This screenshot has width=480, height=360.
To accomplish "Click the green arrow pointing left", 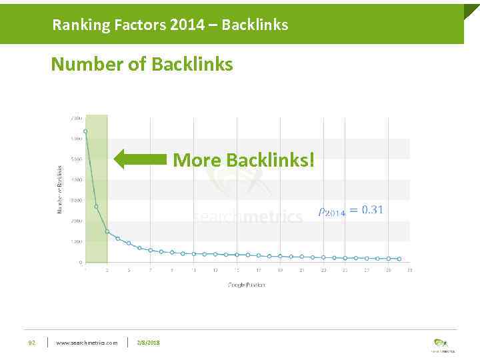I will pyautogui.click(x=141, y=159).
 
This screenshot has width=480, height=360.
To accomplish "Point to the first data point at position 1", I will pyautogui.click(x=85, y=131).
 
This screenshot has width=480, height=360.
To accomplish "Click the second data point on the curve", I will pyautogui.click(x=96, y=207).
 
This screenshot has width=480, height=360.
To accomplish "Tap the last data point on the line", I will pyautogui.click(x=399, y=259).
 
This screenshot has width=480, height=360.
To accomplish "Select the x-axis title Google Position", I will pyautogui.click(x=247, y=285).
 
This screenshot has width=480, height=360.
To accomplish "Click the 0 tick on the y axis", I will pyautogui.click(x=80, y=262).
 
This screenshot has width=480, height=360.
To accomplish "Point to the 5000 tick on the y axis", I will pyautogui.click(x=77, y=159).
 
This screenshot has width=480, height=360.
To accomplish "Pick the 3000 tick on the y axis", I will pyautogui.click(x=77, y=200).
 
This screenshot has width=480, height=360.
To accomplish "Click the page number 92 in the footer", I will pyautogui.click(x=31, y=343).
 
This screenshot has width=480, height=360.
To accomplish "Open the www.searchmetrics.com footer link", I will pyautogui.click(x=87, y=343).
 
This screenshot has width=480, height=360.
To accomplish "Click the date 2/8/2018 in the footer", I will pyautogui.click(x=148, y=343).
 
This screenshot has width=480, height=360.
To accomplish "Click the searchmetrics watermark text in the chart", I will pyautogui.click(x=247, y=217).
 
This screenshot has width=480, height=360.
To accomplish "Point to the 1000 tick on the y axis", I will pyautogui.click(x=77, y=241).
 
